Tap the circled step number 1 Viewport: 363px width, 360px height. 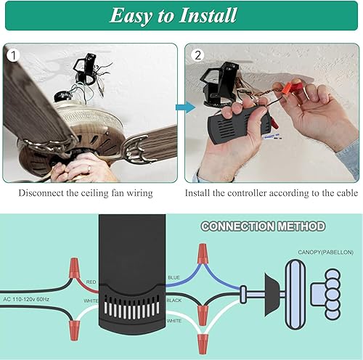click(x=12, y=54)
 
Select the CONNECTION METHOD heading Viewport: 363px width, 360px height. click(x=263, y=226)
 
